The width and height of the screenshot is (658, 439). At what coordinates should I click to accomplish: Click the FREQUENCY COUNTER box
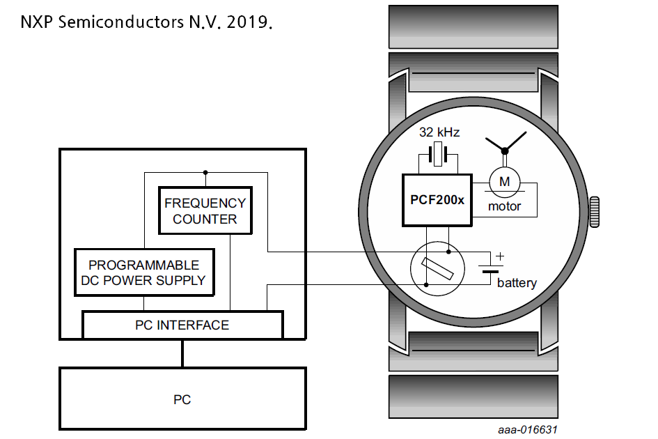coord(205,210)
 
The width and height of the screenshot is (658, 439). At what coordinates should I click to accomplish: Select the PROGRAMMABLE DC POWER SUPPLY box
coord(143,272)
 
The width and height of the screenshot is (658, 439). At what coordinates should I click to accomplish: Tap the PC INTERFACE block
coord(182,325)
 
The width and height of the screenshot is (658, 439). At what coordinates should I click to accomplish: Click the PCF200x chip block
coord(437,199)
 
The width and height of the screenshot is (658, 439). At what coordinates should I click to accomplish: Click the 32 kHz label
coord(439,132)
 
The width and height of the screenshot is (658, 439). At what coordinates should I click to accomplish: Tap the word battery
coord(517,283)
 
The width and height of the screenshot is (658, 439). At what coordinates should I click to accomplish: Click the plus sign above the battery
coord(499,256)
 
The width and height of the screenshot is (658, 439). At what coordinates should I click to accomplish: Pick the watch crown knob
coord(594,212)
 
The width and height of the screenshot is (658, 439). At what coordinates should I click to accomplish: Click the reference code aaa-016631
coord(527,430)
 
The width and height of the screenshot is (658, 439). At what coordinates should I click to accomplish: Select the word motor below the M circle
coord(504,206)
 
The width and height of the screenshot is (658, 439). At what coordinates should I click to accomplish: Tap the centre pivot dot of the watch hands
coord(505,150)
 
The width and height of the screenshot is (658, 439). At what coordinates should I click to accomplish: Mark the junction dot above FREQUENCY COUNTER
coord(205,171)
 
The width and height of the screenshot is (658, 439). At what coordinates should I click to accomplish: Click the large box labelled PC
coord(182,399)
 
